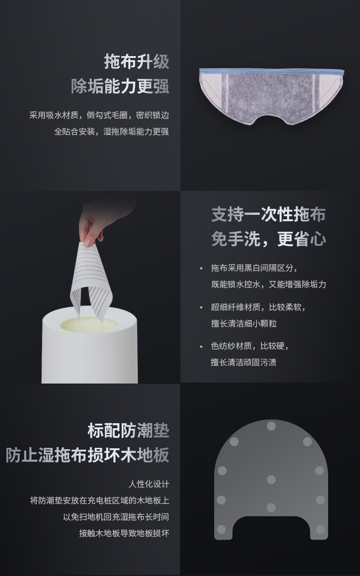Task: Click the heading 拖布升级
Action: [x=137, y=62]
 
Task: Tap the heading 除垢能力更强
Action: [x=120, y=86]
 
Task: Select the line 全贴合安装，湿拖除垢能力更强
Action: [x=112, y=131]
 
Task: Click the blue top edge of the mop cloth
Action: [x=272, y=72]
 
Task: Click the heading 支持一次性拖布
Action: [x=268, y=214]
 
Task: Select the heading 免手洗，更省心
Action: [x=268, y=239]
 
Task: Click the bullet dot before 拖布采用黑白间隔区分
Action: [x=201, y=269]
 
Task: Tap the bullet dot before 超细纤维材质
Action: [x=201, y=307]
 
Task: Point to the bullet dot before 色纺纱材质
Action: [x=201, y=347]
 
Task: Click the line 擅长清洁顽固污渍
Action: [x=244, y=362]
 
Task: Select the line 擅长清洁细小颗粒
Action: [x=244, y=323]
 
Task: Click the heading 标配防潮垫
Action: [x=128, y=431]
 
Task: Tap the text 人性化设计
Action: [x=149, y=484]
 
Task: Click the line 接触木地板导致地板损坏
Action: [x=124, y=533]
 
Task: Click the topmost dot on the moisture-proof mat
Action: [x=271, y=426]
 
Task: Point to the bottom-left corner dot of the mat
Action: [x=221, y=529]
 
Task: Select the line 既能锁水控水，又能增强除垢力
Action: [x=268, y=285]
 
